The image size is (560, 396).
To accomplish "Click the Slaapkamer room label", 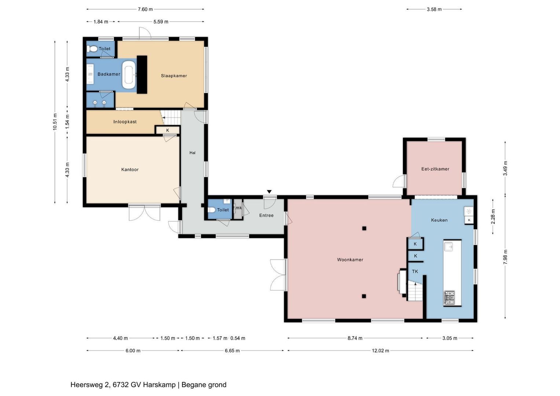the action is [174, 76].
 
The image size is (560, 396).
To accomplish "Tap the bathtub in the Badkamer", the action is [129, 74].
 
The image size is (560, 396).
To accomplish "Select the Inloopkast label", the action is [125, 122].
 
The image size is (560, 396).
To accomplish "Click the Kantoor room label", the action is [130, 169].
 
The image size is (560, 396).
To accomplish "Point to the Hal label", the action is [192, 153].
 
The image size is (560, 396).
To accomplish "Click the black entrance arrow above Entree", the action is [269, 192].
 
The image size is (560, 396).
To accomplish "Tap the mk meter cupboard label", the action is [238, 208].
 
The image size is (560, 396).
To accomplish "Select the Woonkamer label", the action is [350, 260].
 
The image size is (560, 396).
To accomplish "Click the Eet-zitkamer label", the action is [435, 169].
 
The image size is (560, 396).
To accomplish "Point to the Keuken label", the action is [439, 220].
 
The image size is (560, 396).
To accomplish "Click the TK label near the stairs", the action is [415, 271].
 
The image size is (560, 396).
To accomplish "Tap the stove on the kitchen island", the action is [449, 298].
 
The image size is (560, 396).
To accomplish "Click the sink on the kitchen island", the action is [449, 247].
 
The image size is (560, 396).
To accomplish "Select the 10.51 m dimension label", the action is [55, 122].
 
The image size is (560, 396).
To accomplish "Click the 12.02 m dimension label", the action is [380, 351].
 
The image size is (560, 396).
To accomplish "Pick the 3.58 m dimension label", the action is [434, 9].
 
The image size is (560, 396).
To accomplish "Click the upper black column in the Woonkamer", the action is [364, 228].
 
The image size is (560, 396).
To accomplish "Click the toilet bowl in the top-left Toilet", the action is [92, 49].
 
